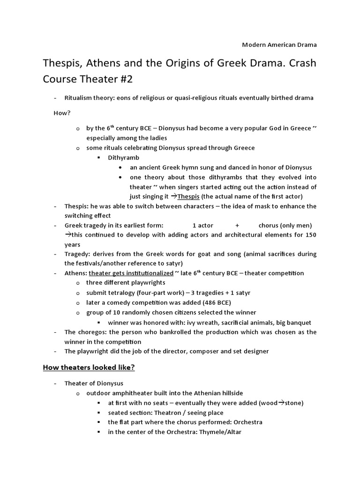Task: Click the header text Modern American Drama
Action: click(279, 45)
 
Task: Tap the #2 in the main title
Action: click(125, 79)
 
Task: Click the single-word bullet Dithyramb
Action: click(123, 157)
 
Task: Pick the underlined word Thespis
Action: click(188, 196)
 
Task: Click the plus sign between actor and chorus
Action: click(238, 225)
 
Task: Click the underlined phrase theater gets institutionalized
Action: click(131, 273)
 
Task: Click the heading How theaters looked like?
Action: click(89, 367)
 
